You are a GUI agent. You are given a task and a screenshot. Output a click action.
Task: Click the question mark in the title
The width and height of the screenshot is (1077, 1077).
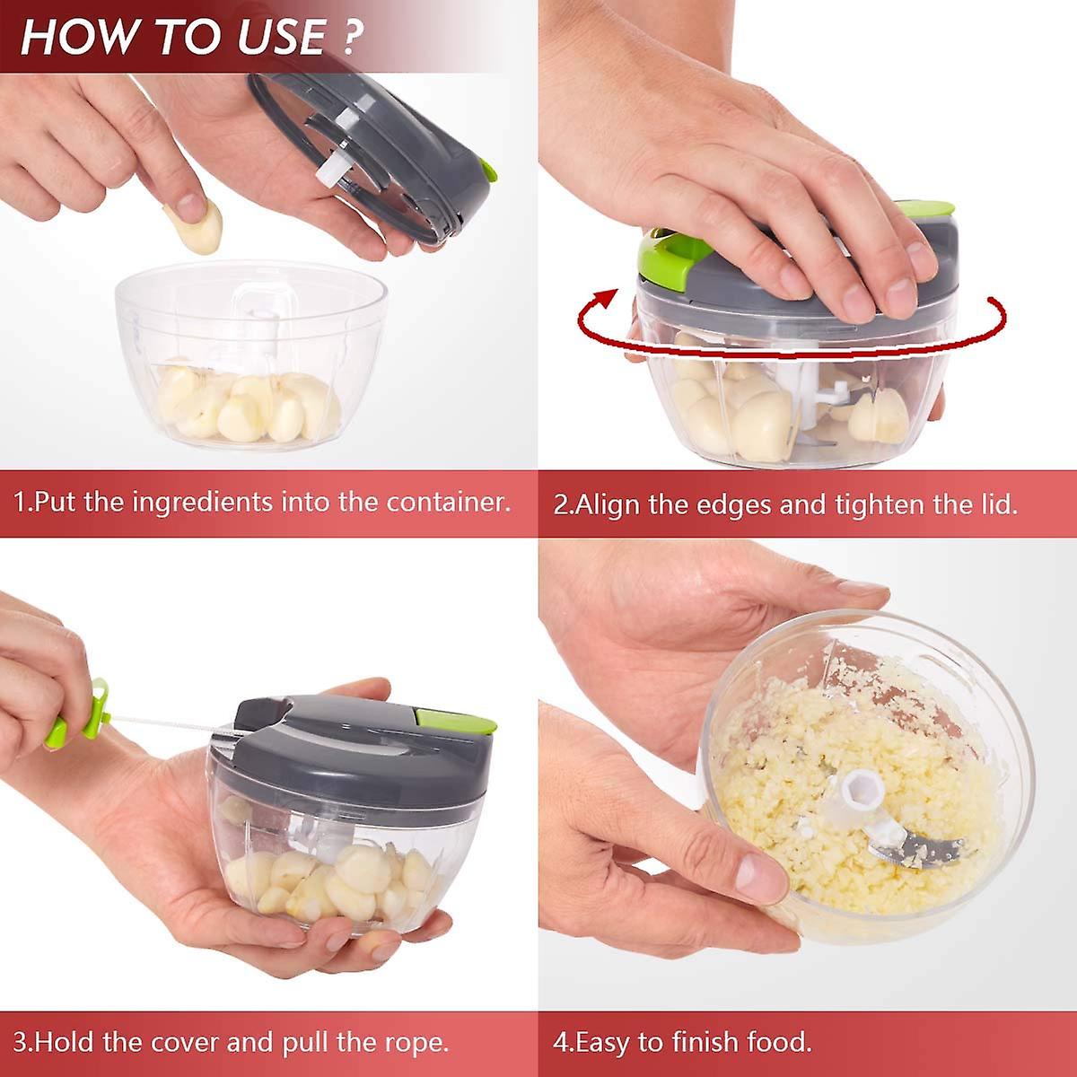tap(349, 37)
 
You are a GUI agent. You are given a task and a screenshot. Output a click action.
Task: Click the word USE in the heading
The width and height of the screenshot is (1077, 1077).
tap(282, 38)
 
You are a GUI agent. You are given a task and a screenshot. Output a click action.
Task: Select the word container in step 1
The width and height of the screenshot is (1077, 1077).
tap(448, 502)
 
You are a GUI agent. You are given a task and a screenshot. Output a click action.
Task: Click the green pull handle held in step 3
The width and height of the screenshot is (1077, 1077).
tap(79, 714)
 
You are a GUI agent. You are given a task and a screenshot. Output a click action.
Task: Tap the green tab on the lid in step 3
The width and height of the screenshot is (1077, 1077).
tap(456, 721)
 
